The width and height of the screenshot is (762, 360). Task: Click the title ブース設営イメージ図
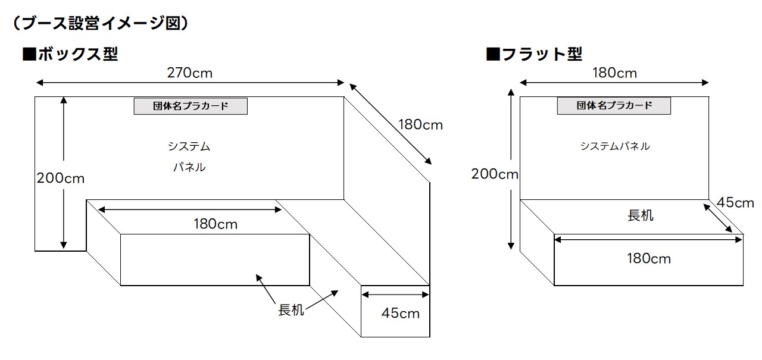101,23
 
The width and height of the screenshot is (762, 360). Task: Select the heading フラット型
534,54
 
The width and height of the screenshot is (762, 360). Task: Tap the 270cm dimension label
190,73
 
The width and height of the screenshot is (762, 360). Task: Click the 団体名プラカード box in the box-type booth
190,107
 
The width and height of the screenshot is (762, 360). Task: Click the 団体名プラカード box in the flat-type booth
614,106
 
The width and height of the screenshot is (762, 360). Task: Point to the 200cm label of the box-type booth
60,177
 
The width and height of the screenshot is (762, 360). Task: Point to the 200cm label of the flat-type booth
495,174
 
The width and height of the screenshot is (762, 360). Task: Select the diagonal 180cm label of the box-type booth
420,125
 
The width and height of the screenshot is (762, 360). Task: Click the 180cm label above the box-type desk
215,224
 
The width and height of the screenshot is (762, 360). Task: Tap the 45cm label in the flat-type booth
735,202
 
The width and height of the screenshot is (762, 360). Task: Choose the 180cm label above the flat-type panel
614,73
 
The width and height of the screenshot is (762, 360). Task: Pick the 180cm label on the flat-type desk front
648,259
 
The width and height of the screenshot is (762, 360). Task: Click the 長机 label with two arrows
291,310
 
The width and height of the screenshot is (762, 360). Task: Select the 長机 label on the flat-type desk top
640,215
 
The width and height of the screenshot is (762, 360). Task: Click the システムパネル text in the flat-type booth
614,146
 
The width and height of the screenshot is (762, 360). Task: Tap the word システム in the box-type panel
189,146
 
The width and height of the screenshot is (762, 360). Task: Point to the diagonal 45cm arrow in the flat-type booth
718,218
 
